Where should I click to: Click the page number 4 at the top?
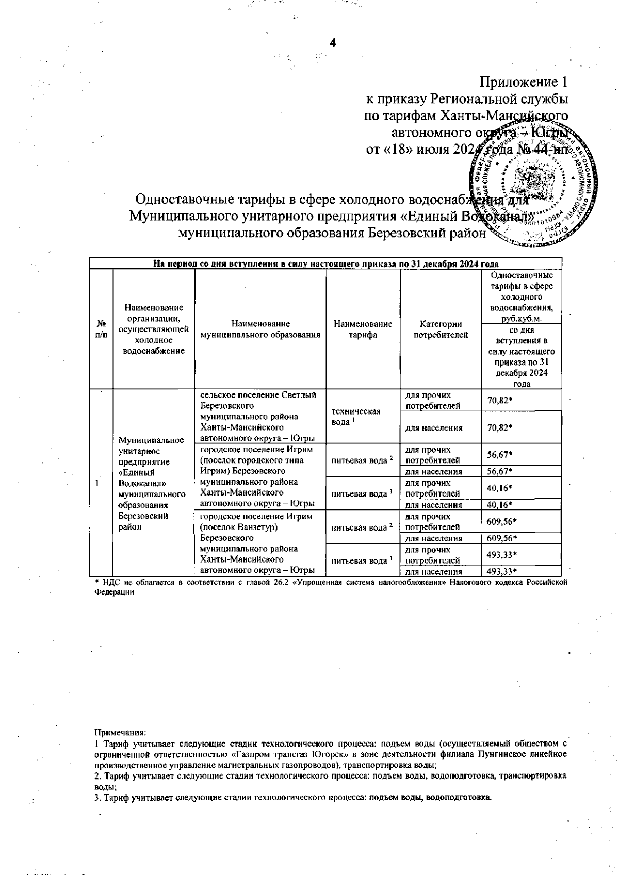333,43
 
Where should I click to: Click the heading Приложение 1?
524,81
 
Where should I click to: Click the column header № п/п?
102,329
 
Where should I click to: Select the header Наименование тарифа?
363,329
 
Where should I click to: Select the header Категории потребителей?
440,329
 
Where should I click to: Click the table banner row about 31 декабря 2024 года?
325,263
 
